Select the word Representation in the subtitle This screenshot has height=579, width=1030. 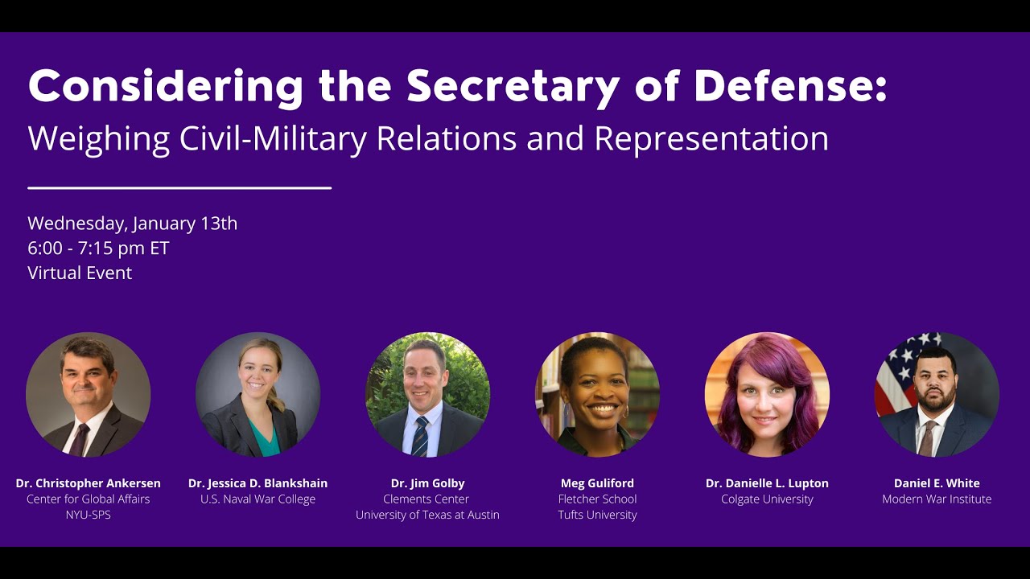[711, 139]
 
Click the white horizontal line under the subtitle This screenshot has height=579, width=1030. [179, 188]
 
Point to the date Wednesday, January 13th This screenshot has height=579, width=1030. [133, 224]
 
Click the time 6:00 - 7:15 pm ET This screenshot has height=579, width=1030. [98, 248]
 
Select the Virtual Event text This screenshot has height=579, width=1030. [80, 273]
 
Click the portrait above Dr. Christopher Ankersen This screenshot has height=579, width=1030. [89, 394]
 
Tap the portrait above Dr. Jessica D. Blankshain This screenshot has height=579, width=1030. [258, 394]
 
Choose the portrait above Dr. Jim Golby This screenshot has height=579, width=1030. [428, 394]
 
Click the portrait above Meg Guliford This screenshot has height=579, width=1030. [597, 394]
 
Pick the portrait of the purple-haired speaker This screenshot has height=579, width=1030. [767, 394]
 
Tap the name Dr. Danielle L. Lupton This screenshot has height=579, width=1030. [767, 483]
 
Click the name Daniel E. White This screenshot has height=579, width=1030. [937, 483]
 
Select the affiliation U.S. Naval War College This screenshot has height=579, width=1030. [258, 499]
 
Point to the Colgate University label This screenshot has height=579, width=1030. [767, 499]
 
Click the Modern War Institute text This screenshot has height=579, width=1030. [937, 499]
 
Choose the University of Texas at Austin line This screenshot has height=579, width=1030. [428, 515]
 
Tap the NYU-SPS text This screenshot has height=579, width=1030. [89, 515]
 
